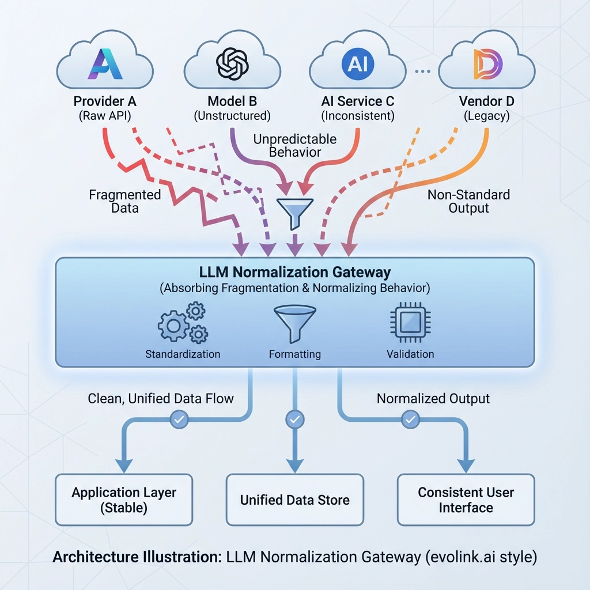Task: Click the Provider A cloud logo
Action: tap(104, 63)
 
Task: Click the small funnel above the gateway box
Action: tap(294, 208)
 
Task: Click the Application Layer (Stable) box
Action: tap(124, 500)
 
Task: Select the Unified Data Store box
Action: tap(294, 500)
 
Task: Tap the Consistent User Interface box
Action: tap(466, 500)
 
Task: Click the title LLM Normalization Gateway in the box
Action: tap(294, 272)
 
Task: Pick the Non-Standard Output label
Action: tap(468, 201)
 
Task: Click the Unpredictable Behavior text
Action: tap(294, 145)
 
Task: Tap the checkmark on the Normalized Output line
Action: tap(410, 419)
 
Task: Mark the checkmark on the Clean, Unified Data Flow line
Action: tap(179, 419)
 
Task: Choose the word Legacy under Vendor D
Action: tap(486, 116)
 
